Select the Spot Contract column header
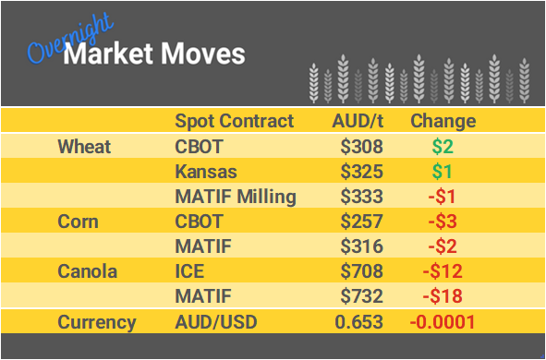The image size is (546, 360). click(235, 121)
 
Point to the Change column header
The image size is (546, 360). click(443, 121)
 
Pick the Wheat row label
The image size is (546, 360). click(84, 146)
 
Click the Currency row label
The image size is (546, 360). click(97, 322)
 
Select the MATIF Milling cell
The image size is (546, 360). click(236, 197)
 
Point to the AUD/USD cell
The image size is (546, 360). click(216, 322)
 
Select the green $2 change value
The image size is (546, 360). click(443, 146)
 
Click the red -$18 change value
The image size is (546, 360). click(443, 297)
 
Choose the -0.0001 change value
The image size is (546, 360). click(443, 322)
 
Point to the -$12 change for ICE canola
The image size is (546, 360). click(443, 272)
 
